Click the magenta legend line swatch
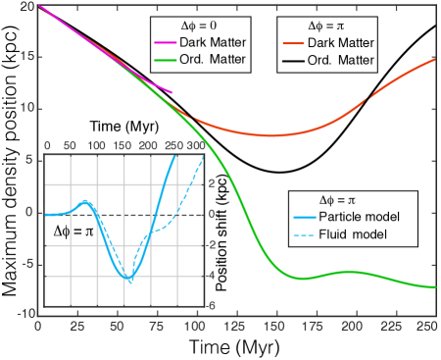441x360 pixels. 166,43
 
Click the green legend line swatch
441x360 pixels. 166,60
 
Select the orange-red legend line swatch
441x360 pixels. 293,43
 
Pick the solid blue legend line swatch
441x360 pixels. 305,217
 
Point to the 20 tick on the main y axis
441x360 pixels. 27,8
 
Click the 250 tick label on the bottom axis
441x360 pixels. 425,325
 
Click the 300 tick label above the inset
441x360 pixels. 196,145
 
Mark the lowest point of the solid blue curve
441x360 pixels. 130,281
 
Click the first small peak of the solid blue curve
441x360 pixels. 86,201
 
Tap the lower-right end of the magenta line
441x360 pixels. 171,93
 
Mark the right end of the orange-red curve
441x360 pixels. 435,59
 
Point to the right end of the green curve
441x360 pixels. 435,286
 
